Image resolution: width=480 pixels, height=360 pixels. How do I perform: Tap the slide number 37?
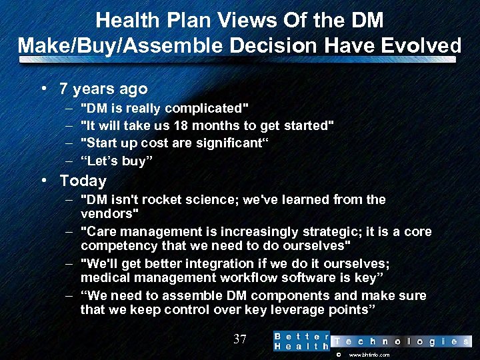pyautogui.click(x=240, y=339)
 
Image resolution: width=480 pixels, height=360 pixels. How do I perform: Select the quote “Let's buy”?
pyautogui.click(x=116, y=160)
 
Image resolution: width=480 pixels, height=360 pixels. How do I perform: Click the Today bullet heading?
pyautogui.click(x=83, y=181)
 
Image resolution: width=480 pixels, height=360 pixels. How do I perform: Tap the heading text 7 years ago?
pyautogui.click(x=103, y=89)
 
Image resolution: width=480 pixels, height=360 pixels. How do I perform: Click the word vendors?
pyautogui.click(x=107, y=213)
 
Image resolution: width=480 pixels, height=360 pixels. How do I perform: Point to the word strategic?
pyautogui.click(x=313, y=232)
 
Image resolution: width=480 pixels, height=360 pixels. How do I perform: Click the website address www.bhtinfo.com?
pyautogui.click(x=369, y=355)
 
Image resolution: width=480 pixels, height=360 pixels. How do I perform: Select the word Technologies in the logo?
pyautogui.click(x=401, y=341)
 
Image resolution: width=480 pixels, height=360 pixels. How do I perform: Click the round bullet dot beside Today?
pyautogui.click(x=43, y=180)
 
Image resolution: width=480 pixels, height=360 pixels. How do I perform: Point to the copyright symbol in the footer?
pyautogui.click(x=337, y=355)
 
